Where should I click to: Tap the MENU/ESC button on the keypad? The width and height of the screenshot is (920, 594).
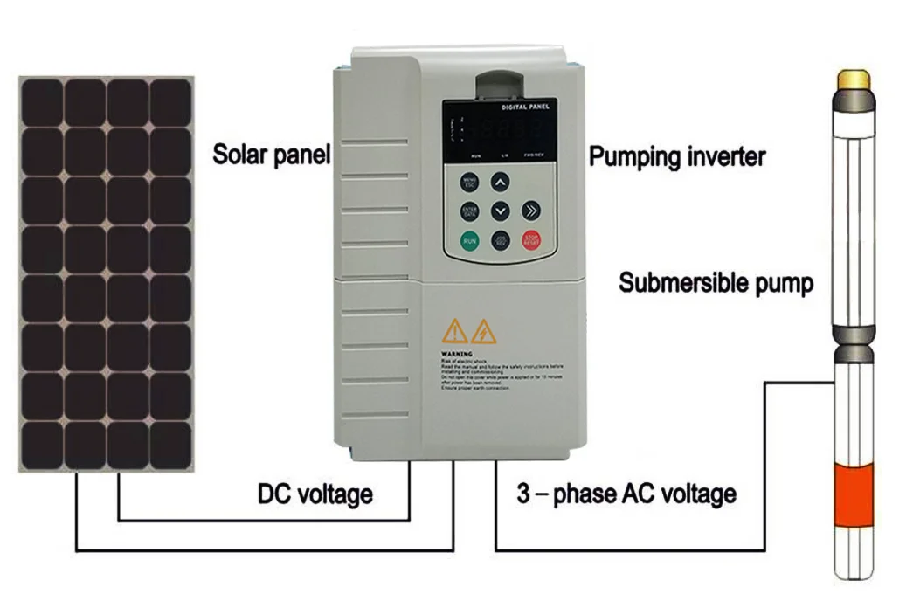(x=469, y=183)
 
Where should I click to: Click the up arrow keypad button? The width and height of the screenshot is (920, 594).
(x=500, y=183)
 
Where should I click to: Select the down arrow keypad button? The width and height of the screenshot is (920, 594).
(x=500, y=211)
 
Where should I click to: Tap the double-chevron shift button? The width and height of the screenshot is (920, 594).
(x=531, y=211)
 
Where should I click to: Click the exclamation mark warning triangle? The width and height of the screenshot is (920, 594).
(x=454, y=332)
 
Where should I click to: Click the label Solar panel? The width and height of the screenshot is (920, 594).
(x=272, y=155)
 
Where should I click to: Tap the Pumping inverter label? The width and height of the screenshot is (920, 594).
(x=677, y=157)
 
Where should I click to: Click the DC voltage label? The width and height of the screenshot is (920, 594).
(x=315, y=494)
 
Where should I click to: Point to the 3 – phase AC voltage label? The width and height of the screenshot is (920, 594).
(x=626, y=494)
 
